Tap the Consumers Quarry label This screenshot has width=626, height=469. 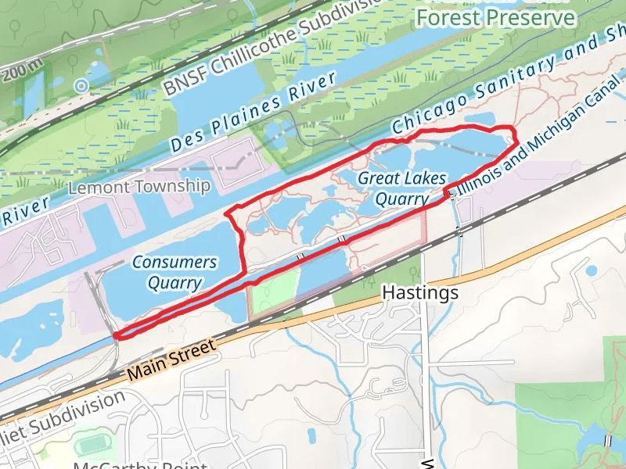174,272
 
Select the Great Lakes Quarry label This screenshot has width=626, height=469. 402,188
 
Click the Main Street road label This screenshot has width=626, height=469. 170,360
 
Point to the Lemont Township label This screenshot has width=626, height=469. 139,187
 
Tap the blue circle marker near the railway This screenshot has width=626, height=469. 81,85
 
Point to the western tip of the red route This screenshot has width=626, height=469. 115,336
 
